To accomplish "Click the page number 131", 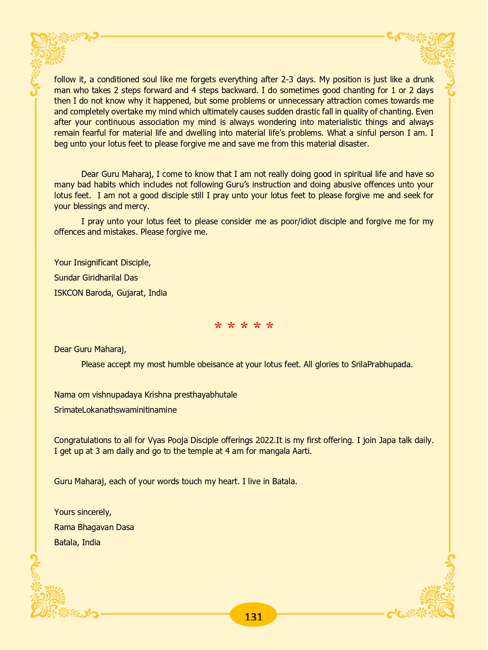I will pos(253,617).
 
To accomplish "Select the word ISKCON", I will pos(69,293).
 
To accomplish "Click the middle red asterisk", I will pos(244,326).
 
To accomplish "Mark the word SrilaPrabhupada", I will pos(382,364).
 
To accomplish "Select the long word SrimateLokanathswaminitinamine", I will pos(115,410).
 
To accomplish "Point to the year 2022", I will pos(266,440).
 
